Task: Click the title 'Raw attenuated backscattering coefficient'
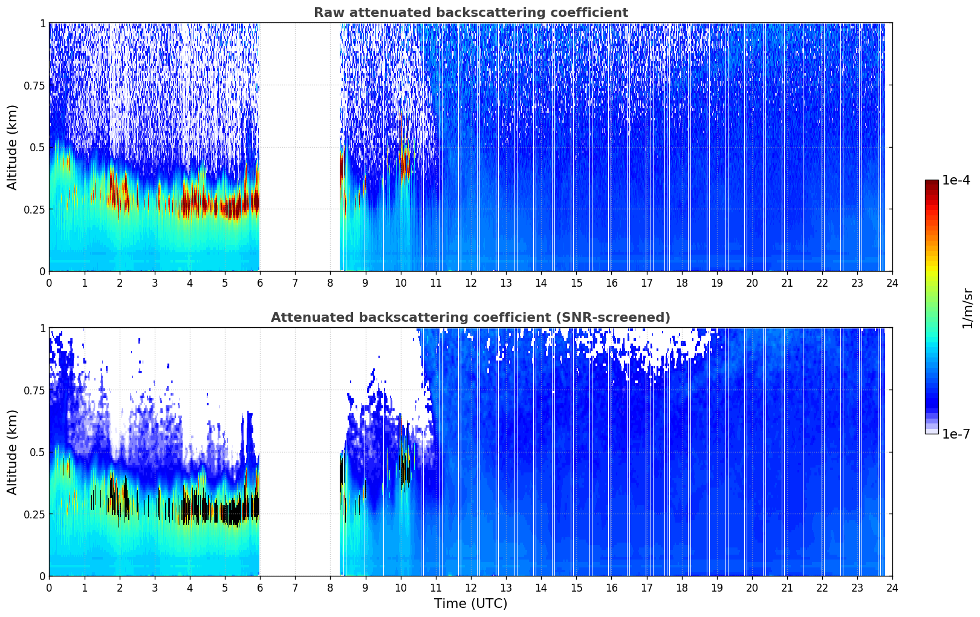(x=470, y=13)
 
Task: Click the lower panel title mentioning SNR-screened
(x=470, y=318)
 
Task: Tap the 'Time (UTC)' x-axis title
(x=470, y=604)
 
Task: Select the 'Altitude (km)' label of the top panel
(x=13, y=147)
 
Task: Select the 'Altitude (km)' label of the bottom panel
(x=13, y=452)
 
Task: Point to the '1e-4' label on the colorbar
(x=956, y=180)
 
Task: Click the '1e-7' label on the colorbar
(x=956, y=434)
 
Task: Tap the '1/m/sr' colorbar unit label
(x=967, y=308)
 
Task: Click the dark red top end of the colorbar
(x=932, y=183)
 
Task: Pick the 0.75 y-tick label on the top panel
(x=34, y=85)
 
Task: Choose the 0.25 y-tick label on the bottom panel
(x=34, y=514)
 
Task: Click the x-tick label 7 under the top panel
(x=295, y=283)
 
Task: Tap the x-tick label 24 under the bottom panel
(x=892, y=588)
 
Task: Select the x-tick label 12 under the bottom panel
(x=471, y=588)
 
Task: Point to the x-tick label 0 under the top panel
(x=50, y=283)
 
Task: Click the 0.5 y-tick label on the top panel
(x=37, y=147)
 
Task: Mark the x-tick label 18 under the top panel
(x=681, y=283)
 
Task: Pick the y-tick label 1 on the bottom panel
(x=42, y=328)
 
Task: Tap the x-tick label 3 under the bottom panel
(x=155, y=588)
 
